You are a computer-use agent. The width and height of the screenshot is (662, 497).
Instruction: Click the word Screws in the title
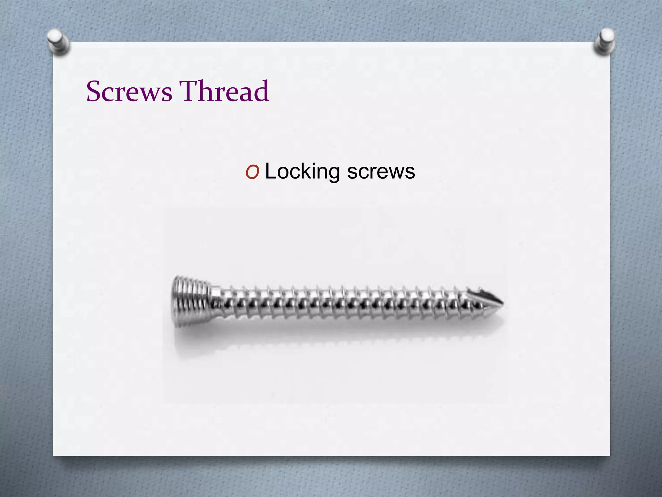(x=129, y=91)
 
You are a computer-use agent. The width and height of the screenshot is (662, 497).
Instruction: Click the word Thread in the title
(x=224, y=91)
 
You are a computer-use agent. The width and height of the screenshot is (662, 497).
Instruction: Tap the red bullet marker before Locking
(x=252, y=172)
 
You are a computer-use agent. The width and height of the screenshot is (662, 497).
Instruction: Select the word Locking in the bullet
(x=302, y=171)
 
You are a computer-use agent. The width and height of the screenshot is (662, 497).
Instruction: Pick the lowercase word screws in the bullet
(x=381, y=171)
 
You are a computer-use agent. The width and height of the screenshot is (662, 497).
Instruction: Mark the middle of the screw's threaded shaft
(x=339, y=303)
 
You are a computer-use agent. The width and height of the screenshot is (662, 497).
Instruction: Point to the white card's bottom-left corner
(x=54, y=455)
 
